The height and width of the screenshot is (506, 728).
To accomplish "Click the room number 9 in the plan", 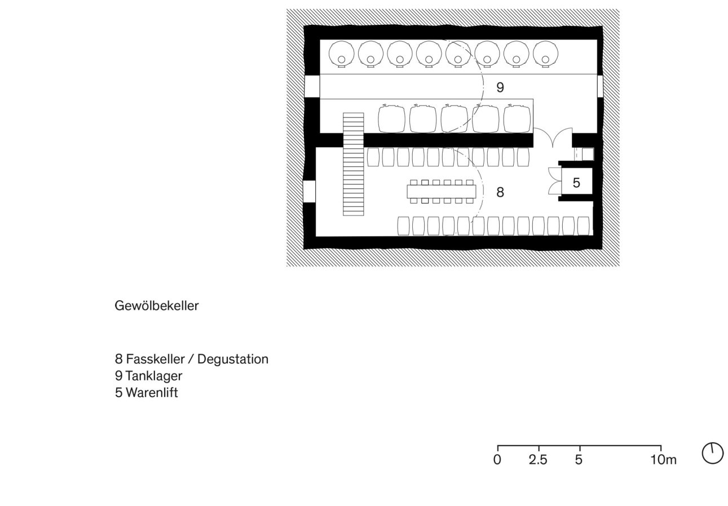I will coord(500,87).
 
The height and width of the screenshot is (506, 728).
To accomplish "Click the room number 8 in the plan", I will coord(500,192).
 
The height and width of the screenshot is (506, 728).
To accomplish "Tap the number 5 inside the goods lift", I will coord(576,183).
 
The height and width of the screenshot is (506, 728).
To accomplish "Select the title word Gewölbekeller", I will coord(156,306).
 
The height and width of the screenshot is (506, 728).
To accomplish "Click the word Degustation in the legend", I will coord(232,359).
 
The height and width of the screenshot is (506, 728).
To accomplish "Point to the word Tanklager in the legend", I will coord(154,376).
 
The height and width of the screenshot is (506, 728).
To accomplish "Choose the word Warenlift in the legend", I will coord(152,393).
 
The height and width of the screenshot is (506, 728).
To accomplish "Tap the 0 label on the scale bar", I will coord(497,460).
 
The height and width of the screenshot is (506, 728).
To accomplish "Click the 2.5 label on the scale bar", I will coord(538,460).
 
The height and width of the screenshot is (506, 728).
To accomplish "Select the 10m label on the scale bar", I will coord(663,460).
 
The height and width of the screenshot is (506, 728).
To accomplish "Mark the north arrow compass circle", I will coord(712,453).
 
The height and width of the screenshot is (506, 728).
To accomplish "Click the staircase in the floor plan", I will coord(354,164).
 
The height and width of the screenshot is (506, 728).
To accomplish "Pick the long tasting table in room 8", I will coord(442,192).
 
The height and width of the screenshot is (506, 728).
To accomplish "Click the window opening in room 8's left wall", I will coord(309,191).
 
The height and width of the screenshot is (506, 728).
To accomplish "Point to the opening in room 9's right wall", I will coord(599,86).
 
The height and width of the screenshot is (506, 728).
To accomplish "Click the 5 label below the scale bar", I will coord(579,460).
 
